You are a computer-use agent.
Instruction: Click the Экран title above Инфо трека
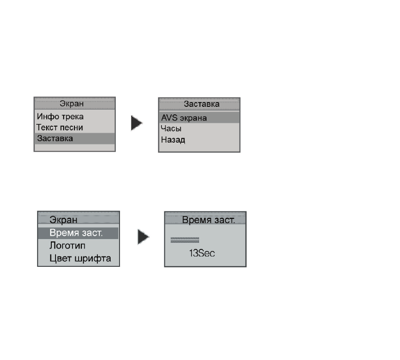point(72,104)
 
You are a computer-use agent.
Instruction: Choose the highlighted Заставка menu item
point(55,138)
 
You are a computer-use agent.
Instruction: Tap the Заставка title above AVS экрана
point(201,104)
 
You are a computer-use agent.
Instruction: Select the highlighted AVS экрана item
point(184,118)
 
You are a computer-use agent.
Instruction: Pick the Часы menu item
point(171,128)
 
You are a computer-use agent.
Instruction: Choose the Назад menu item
point(173,140)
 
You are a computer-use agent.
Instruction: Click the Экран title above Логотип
point(63,220)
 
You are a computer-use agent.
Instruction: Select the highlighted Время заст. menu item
point(76,232)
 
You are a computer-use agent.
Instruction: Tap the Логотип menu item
point(67,246)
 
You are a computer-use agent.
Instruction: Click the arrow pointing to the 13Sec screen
point(144,237)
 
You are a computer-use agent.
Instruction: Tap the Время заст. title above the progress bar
point(208,220)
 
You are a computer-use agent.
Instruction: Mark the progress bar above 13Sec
point(184,240)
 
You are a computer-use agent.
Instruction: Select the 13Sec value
point(202,253)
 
